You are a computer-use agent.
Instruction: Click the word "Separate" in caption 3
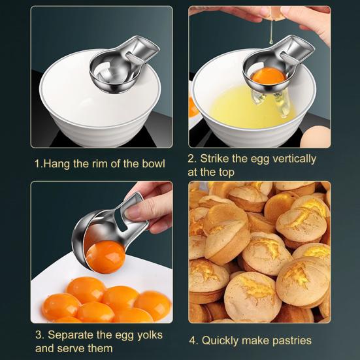(73, 335)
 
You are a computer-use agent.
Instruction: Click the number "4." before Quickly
(194, 340)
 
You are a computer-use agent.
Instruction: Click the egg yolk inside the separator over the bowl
(268, 76)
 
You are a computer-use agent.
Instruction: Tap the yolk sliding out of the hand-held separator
(105, 257)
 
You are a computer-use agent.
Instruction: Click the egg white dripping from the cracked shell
(269, 33)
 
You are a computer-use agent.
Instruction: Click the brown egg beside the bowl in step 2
(320, 134)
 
